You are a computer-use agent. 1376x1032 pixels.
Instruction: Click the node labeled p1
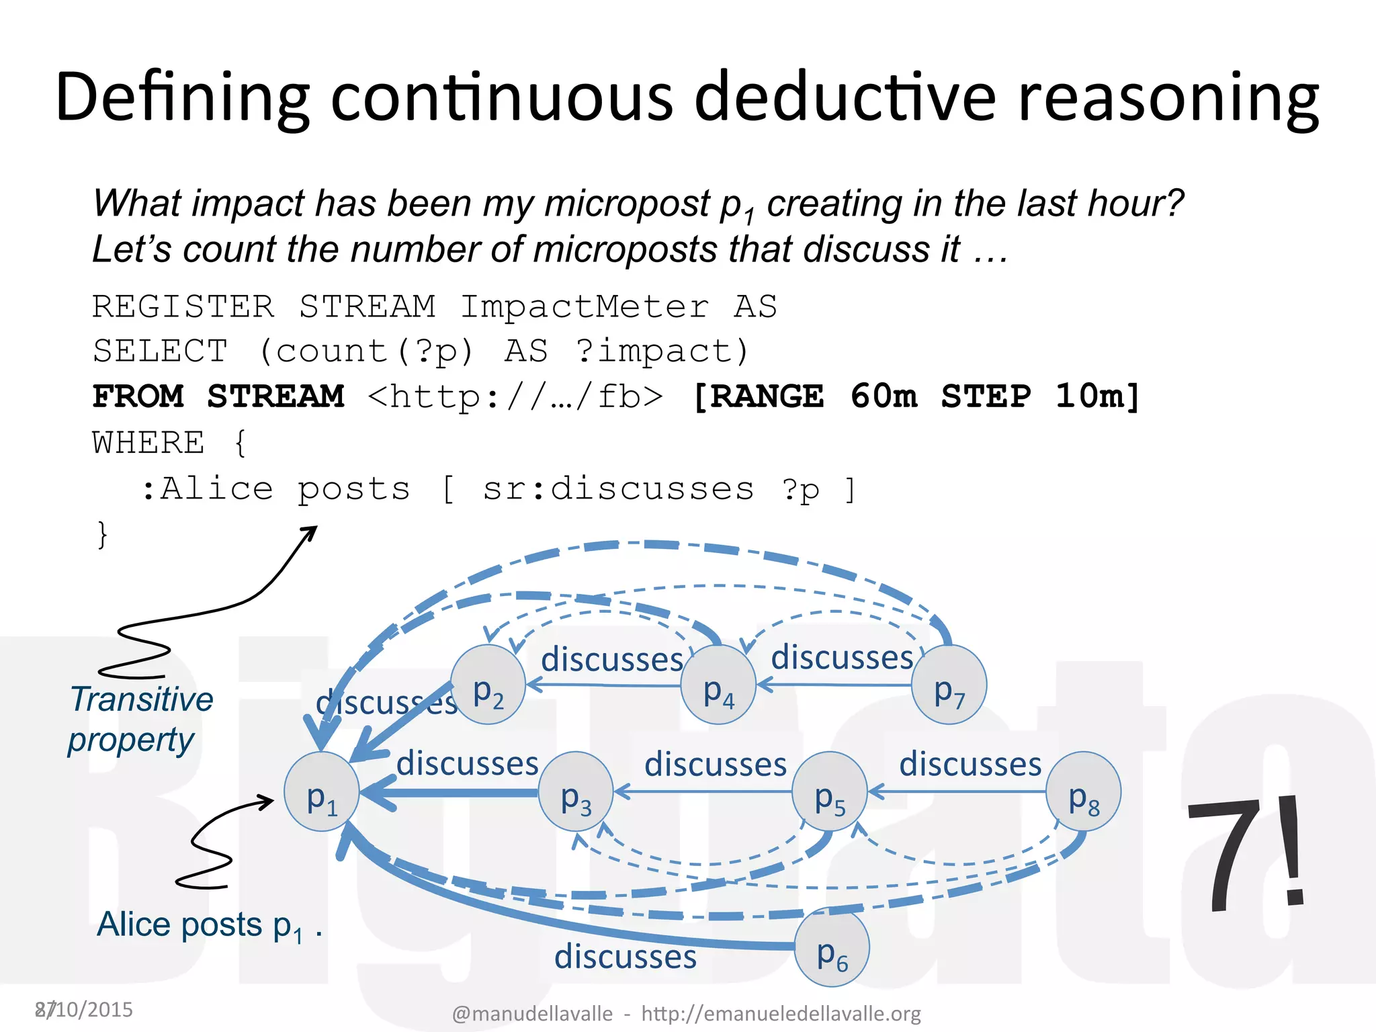click(x=322, y=791)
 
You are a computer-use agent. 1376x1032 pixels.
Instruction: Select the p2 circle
click(x=488, y=685)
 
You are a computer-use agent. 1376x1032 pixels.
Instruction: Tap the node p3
click(x=576, y=791)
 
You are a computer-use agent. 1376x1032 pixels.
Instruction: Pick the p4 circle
click(x=718, y=685)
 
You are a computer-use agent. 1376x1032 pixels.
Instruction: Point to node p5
click(x=830, y=791)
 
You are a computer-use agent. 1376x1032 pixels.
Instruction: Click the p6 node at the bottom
click(x=832, y=947)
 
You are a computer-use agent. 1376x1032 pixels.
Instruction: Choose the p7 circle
click(x=949, y=685)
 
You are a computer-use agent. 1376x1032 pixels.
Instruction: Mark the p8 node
click(x=1084, y=791)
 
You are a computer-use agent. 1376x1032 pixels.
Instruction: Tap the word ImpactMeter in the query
click(x=584, y=307)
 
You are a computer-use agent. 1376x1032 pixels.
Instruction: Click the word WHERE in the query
click(x=148, y=443)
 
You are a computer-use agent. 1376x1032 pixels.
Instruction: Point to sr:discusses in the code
click(x=618, y=488)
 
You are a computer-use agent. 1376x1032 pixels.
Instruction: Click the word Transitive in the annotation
click(x=142, y=699)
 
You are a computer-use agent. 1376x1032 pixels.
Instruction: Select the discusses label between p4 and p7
click(x=842, y=657)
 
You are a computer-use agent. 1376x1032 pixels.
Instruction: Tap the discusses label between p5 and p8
click(x=970, y=764)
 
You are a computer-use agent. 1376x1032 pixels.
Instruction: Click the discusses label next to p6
click(x=625, y=956)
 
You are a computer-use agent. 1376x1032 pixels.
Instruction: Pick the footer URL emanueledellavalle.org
click(x=781, y=1013)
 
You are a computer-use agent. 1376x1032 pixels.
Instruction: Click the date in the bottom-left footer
click(x=85, y=1009)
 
